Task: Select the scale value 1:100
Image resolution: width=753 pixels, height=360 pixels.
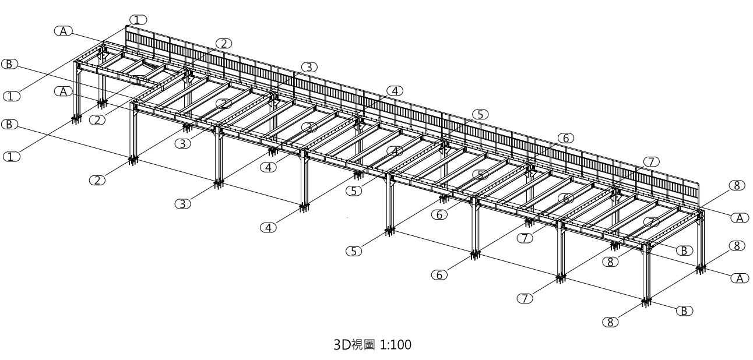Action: point(397,345)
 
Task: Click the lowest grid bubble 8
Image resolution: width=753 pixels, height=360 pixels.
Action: point(611,322)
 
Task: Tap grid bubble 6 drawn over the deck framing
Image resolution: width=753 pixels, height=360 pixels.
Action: point(564,198)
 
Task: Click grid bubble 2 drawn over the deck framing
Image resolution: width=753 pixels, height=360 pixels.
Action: point(224,104)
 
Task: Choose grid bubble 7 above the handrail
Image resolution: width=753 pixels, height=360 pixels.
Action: point(651,161)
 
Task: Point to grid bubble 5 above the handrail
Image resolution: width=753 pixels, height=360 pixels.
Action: point(480,114)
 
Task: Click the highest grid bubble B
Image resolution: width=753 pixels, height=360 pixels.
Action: point(10,64)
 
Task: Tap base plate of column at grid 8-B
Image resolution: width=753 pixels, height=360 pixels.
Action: point(646,301)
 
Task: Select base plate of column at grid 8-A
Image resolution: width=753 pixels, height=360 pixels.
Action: point(700,268)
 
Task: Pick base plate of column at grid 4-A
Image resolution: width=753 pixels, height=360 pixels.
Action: point(357,173)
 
